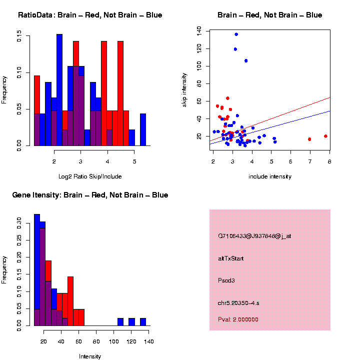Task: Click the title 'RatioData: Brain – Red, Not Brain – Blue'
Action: pos(90,15)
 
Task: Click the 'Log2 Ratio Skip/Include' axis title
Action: pos(89,176)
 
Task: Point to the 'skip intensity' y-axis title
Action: pos(184,88)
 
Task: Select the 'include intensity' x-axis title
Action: pos(269,176)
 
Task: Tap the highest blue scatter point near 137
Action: pos(236,34)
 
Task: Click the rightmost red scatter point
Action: pos(325,136)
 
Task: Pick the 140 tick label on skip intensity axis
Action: pos(199,31)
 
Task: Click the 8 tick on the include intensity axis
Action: pos(329,161)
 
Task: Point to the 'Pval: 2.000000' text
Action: pos(238,319)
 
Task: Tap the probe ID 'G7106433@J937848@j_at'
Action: pos(254,236)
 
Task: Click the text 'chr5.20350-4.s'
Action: pos(238,303)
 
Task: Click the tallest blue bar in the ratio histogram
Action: pos(59,90)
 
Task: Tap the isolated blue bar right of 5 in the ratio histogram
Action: pos(143,129)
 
